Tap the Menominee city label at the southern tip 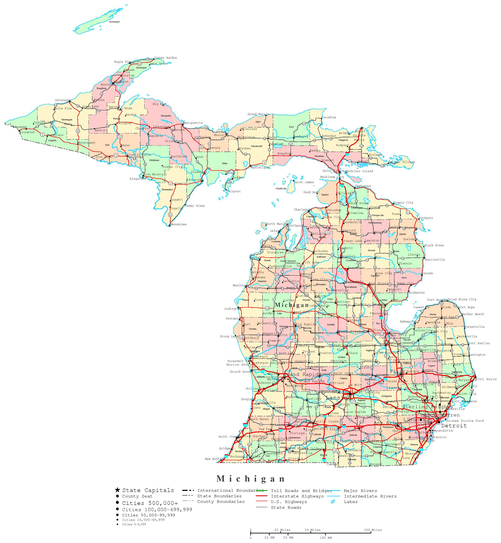coord(178,224)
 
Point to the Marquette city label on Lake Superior coord(193,123)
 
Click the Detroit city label coord(454,426)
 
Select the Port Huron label coord(486,379)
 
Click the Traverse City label coord(280,252)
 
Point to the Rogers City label coord(403,202)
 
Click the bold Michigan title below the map coord(251,479)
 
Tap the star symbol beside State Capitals coord(117,490)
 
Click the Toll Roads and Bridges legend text coord(301,490)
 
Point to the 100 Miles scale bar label coord(373,530)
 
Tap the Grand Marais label coord(258,114)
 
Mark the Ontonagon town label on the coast coord(63,100)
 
